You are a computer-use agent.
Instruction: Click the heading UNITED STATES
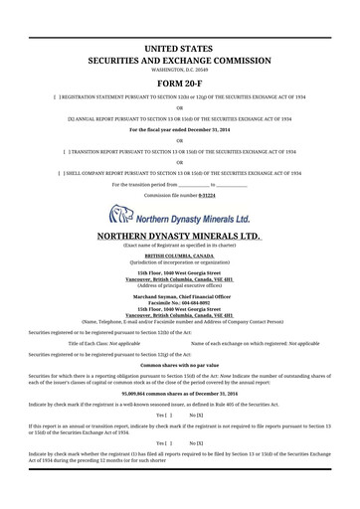pyautogui.click(x=180, y=48)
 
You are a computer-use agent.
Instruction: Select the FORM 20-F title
pyautogui.click(x=180, y=83)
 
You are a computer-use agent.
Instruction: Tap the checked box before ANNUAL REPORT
pyautogui.click(x=70, y=118)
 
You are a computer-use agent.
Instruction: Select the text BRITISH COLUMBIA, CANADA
pyautogui.click(x=180, y=254)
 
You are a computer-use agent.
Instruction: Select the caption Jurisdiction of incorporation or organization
pyautogui.click(x=180, y=260)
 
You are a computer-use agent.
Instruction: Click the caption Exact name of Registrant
pyautogui.click(x=180, y=247)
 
